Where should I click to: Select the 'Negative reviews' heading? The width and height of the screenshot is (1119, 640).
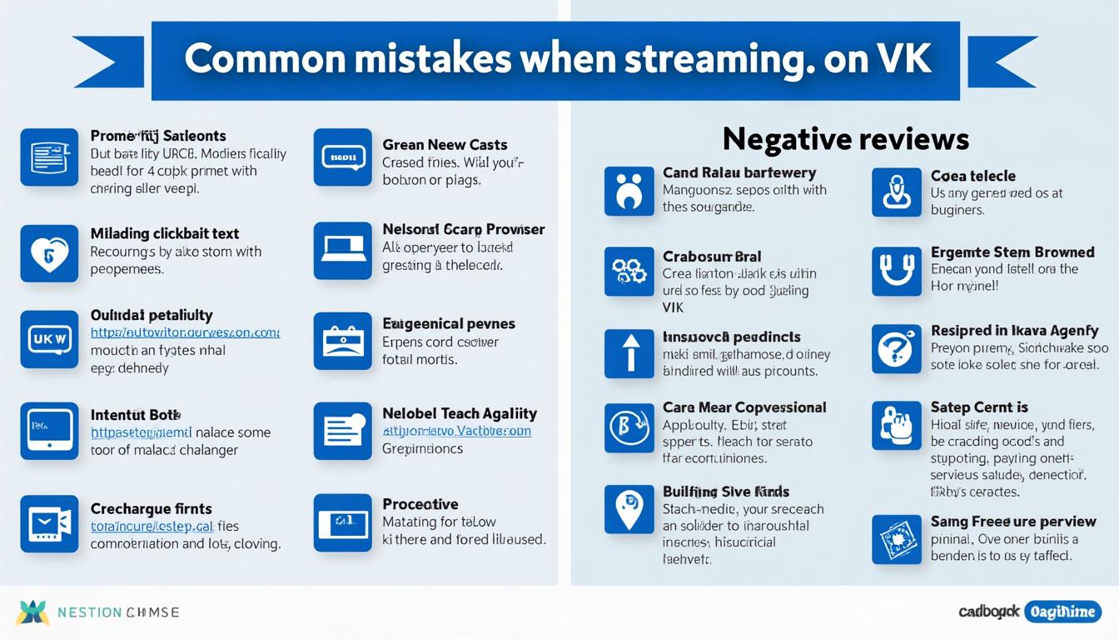(x=845, y=138)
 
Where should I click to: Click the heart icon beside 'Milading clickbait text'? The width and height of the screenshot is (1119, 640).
(x=49, y=252)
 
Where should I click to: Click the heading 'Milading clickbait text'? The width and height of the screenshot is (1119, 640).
(x=165, y=234)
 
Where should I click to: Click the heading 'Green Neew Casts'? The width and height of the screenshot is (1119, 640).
(x=445, y=145)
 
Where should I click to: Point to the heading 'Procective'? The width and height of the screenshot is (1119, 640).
(x=420, y=504)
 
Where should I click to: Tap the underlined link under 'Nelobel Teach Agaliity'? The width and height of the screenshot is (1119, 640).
(x=456, y=432)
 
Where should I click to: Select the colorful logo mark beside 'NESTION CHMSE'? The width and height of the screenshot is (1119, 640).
(x=32, y=612)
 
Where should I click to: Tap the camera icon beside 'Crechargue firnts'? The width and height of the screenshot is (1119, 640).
(x=49, y=524)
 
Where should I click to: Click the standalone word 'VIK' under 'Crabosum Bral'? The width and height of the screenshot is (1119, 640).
(x=673, y=307)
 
